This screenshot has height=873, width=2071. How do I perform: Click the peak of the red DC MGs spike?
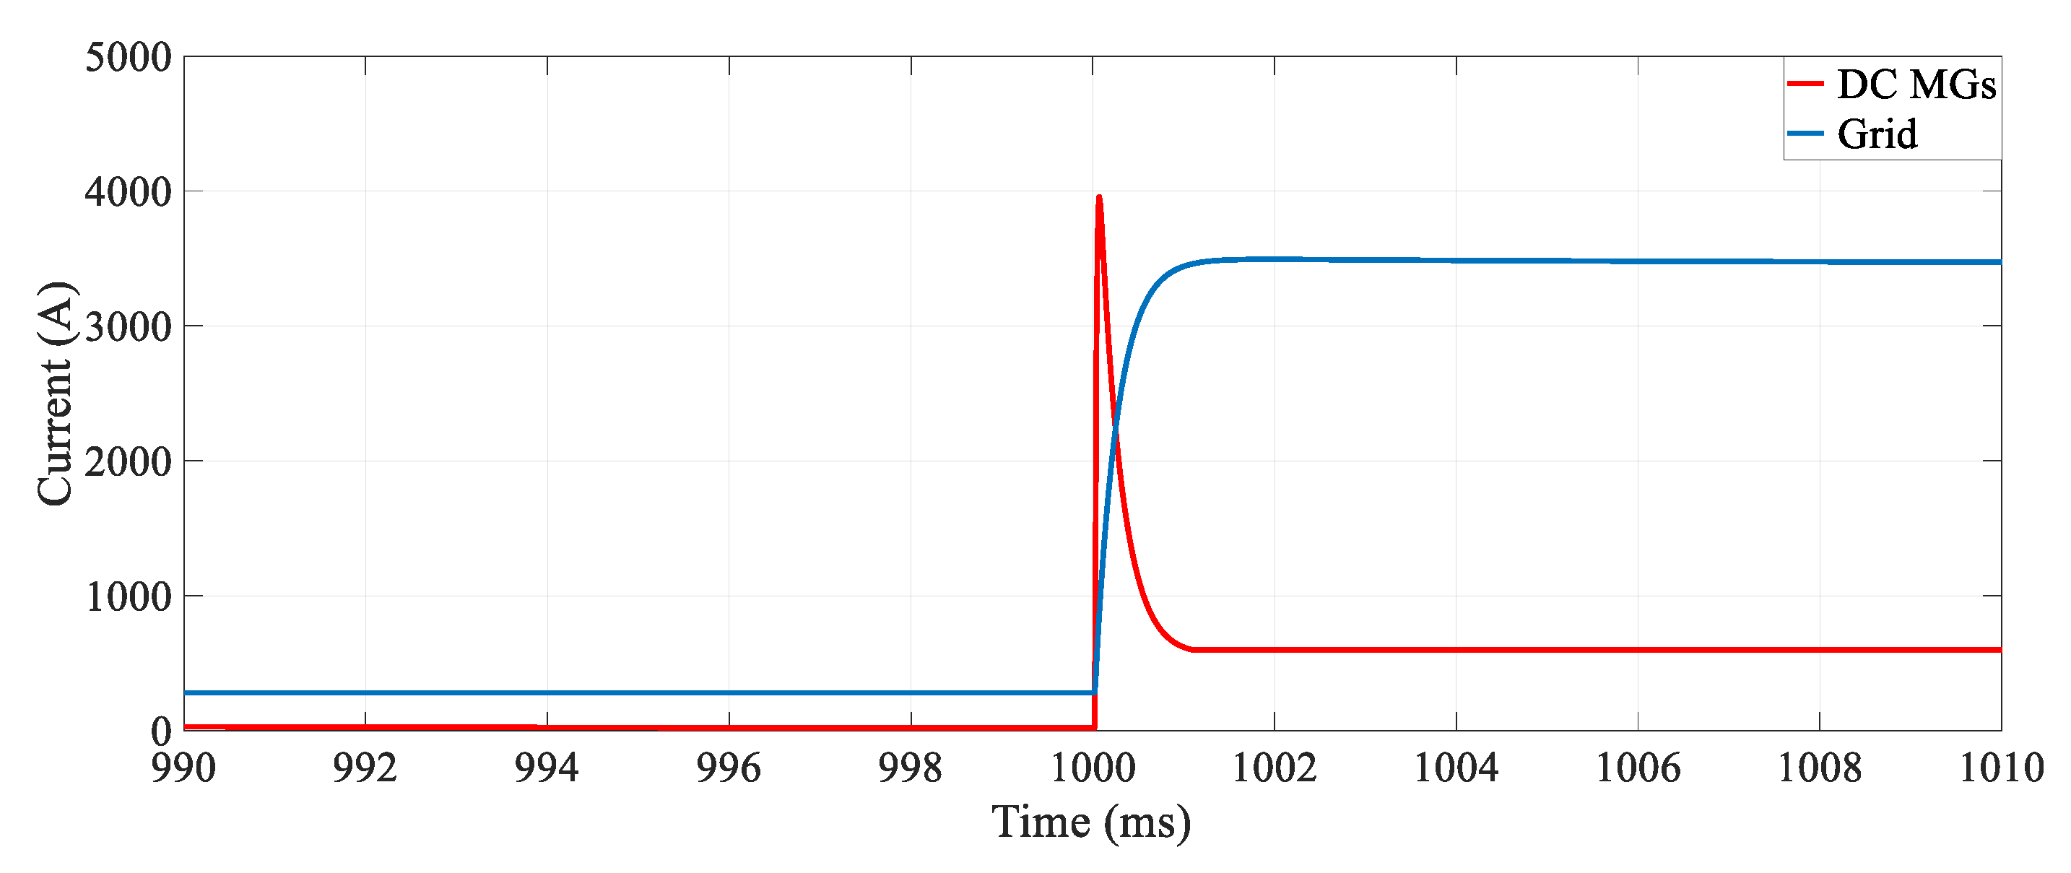[x=1099, y=197]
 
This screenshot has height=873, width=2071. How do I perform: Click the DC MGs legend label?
[x=1916, y=84]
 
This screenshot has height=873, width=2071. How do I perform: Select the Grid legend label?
[x=1877, y=134]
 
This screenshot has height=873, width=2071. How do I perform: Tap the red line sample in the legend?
[x=1805, y=84]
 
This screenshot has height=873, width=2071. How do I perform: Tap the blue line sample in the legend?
[x=1805, y=134]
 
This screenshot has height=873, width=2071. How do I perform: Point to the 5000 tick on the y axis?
[x=128, y=58]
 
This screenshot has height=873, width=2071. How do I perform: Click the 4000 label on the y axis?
[x=128, y=192]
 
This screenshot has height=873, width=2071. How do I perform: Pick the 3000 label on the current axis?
[x=128, y=327]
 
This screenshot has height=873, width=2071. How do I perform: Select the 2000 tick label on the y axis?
[x=128, y=462]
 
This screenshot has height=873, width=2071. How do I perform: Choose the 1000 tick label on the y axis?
[x=128, y=597]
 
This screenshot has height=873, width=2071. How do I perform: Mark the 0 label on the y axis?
[x=162, y=731]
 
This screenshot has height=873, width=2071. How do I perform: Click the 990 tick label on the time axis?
[x=183, y=768]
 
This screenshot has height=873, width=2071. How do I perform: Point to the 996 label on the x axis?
[x=729, y=768]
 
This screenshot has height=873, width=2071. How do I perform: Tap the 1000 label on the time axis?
[x=1093, y=768]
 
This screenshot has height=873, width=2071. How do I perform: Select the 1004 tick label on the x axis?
[x=1456, y=768]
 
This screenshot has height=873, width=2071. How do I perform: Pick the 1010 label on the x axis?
[x=2001, y=768]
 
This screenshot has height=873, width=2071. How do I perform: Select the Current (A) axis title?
[x=56, y=394]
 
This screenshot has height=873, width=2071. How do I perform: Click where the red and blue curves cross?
[x=1115, y=425]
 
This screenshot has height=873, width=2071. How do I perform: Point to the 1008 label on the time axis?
[x=1820, y=768]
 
